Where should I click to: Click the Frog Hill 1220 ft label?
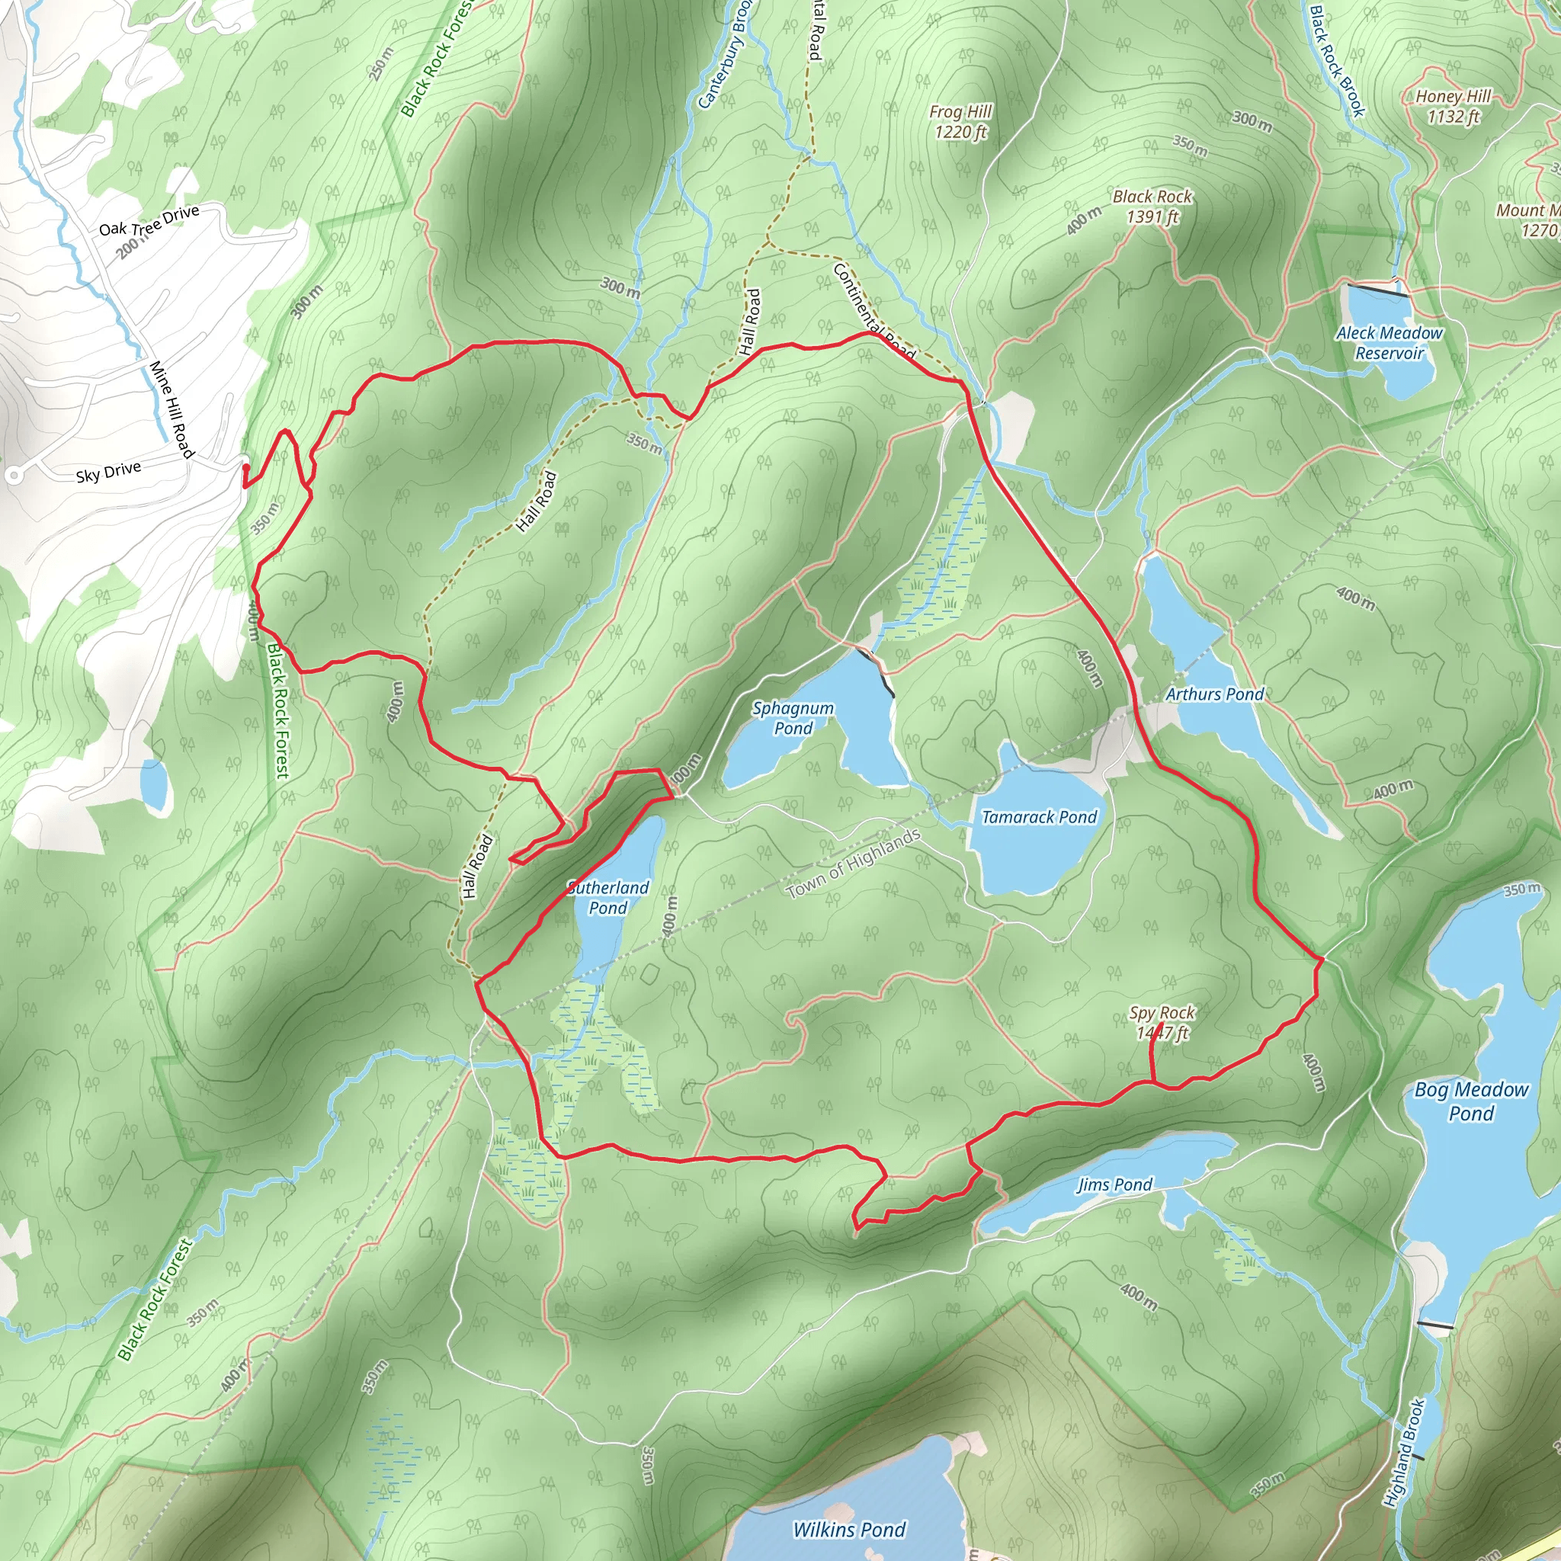pyautogui.click(x=960, y=121)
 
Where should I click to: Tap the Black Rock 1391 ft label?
pyautogui.click(x=1152, y=206)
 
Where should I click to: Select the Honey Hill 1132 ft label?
pyautogui.click(x=1453, y=106)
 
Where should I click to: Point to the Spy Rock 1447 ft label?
pyautogui.click(x=1162, y=1022)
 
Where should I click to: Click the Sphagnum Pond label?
pyautogui.click(x=793, y=717)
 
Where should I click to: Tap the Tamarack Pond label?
pyautogui.click(x=1039, y=817)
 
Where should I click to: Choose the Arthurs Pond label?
pyautogui.click(x=1214, y=694)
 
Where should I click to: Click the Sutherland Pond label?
pyautogui.click(x=608, y=897)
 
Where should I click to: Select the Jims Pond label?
pyautogui.click(x=1114, y=1184)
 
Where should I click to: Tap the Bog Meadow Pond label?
pyautogui.click(x=1471, y=1101)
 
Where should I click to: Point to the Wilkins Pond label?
pyautogui.click(x=849, y=1530)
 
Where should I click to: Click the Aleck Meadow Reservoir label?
pyautogui.click(x=1389, y=342)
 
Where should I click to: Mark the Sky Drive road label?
pyautogui.click(x=108, y=472)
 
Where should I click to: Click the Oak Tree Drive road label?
pyautogui.click(x=149, y=220)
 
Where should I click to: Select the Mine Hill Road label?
pyautogui.click(x=172, y=409)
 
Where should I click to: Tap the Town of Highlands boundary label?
pyautogui.click(x=853, y=863)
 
